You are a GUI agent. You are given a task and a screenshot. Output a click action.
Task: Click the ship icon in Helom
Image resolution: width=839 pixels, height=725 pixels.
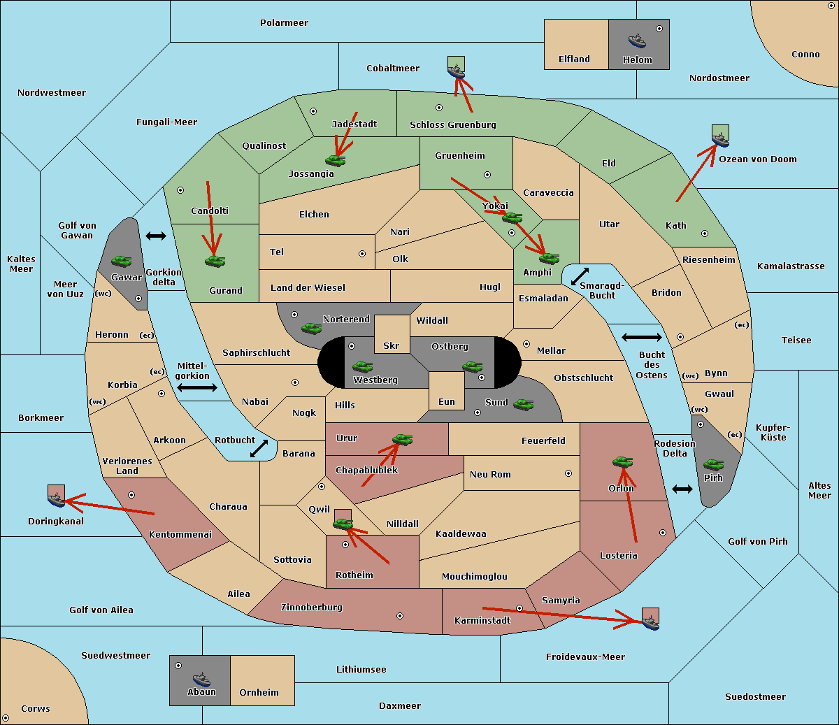point(637,40)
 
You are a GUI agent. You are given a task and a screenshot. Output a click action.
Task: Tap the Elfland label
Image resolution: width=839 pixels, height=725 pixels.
point(574,59)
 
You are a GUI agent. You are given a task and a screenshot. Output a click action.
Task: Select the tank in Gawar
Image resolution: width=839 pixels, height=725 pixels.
point(122,261)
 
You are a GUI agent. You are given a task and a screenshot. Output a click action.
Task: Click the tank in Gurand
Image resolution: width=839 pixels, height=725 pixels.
point(215,261)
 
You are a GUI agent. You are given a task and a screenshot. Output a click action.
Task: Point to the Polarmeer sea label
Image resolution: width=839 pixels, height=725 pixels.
point(284,23)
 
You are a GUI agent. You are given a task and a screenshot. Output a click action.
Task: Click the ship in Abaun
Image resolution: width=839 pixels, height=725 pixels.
point(201,679)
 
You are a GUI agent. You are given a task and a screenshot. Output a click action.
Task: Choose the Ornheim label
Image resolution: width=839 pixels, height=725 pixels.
point(259,693)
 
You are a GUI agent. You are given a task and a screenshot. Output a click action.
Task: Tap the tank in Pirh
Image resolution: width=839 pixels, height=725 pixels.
point(713,465)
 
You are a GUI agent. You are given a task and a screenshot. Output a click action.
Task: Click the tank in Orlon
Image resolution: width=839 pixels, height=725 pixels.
point(622,462)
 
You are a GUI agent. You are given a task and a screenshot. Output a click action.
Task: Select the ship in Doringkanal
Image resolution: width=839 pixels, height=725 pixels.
point(56,499)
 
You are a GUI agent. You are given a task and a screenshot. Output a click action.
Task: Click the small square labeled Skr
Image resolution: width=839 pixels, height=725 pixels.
point(392,334)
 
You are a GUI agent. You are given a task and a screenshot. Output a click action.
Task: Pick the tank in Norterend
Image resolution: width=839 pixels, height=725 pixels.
point(311,328)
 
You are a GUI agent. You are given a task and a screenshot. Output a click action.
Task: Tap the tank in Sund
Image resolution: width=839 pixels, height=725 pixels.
point(523,404)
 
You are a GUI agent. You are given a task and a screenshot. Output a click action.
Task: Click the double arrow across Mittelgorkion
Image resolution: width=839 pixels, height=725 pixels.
point(197,388)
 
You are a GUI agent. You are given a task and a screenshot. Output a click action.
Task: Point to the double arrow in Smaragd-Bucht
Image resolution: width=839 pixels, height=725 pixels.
point(580,277)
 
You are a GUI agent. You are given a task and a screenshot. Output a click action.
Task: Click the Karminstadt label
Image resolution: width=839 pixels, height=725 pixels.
point(482,621)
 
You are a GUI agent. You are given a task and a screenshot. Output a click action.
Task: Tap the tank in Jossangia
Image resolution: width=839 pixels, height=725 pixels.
point(336,161)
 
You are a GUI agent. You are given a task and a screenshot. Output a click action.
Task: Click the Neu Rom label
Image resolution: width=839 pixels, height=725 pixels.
point(490,475)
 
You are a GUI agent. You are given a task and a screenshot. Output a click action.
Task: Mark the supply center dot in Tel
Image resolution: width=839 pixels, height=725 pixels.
point(362,254)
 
